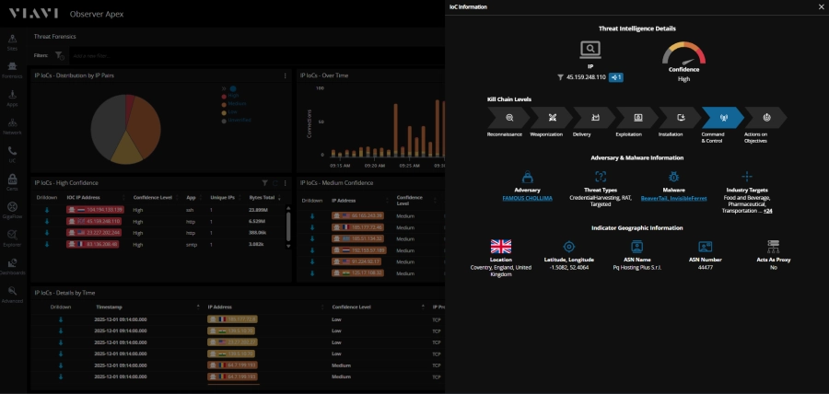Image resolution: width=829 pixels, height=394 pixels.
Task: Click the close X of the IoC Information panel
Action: pos(821,6)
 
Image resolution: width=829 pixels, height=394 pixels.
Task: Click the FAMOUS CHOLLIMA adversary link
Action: pos(527,198)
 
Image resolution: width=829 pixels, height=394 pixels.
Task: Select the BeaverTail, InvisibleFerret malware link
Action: pos(673,198)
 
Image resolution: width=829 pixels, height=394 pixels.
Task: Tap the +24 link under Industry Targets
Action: pos(766,211)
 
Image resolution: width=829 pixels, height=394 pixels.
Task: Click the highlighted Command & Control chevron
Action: pos(722,118)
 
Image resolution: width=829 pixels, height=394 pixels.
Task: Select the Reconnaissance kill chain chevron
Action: pos(508,118)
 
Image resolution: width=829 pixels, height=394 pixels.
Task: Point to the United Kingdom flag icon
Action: pos(500,246)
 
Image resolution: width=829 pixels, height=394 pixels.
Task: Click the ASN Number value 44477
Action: pos(705,267)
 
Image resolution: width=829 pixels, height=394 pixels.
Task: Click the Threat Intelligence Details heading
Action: pos(636,29)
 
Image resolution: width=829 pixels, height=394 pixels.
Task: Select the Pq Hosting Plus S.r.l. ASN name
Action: pos(637,267)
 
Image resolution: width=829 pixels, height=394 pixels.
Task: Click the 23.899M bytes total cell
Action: pos(259,209)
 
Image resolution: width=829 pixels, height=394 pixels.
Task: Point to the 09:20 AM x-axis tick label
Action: pos(374,166)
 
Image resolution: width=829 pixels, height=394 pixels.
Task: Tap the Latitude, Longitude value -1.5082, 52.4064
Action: pos(568,267)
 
